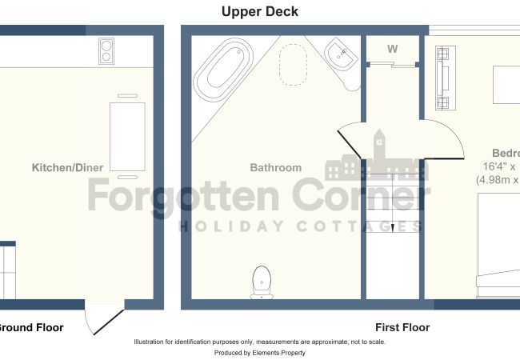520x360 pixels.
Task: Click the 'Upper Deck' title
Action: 260,12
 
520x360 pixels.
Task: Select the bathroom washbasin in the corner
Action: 342,58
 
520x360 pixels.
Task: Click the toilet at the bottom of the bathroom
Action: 261,282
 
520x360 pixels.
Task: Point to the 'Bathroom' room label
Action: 276,168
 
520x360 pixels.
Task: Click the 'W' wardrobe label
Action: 392,49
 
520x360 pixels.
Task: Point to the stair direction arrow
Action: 392,228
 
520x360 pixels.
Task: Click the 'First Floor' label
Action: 402,327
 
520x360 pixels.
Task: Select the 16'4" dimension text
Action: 500,167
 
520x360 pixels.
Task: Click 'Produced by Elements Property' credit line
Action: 260,352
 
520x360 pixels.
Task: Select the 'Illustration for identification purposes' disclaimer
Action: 260,342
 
